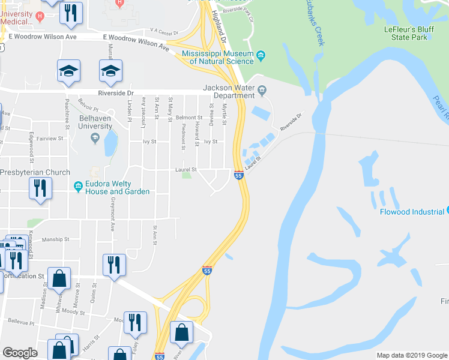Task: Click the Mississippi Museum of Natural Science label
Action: (217, 57)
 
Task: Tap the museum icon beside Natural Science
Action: (261, 57)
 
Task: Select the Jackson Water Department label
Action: (229, 91)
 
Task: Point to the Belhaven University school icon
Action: (94, 139)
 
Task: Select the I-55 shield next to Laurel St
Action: (238, 175)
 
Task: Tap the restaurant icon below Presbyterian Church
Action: (40, 188)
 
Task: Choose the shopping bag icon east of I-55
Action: (181, 332)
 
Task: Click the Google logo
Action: (20, 353)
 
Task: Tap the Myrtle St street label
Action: (224, 114)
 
